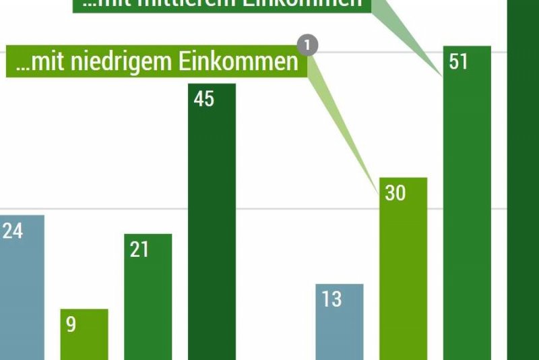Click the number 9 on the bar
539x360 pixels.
tap(71, 325)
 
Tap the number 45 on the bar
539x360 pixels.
tap(203, 99)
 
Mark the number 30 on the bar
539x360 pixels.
tap(395, 193)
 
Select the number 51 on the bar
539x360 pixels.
tap(458, 62)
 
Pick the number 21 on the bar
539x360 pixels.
tap(139, 250)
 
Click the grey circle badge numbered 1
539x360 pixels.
tap(307, 46)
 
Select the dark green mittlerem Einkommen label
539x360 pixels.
tap(222, 4)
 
